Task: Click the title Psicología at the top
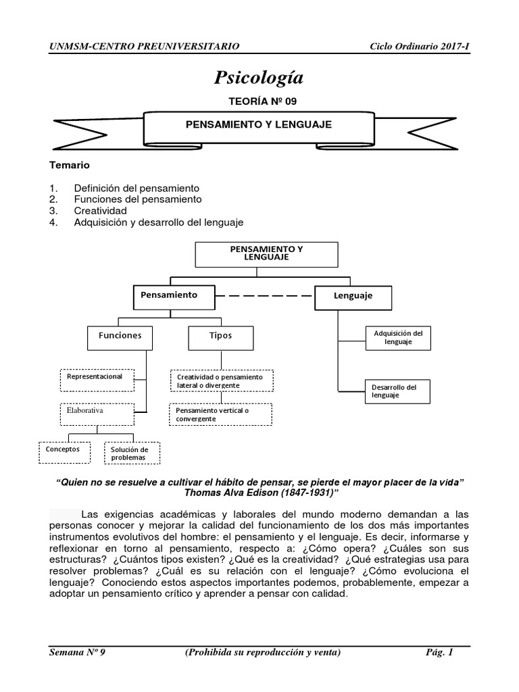click(x=259, y=78)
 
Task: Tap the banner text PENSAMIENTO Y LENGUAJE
click(x=259, y=125)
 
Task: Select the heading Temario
click(x=70, y=165)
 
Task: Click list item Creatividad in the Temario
click(x=100, y=210)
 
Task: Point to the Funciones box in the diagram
click(x=120, y=335)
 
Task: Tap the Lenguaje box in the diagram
click(x=353, y=296)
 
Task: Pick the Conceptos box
click(x=63, y=450)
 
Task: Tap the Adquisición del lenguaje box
click(x=398, y=338)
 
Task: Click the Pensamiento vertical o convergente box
click(x=220, y=415)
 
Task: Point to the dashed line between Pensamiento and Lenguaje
click(x=266, y=296)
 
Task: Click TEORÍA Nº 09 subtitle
click(x=259, y=101)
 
